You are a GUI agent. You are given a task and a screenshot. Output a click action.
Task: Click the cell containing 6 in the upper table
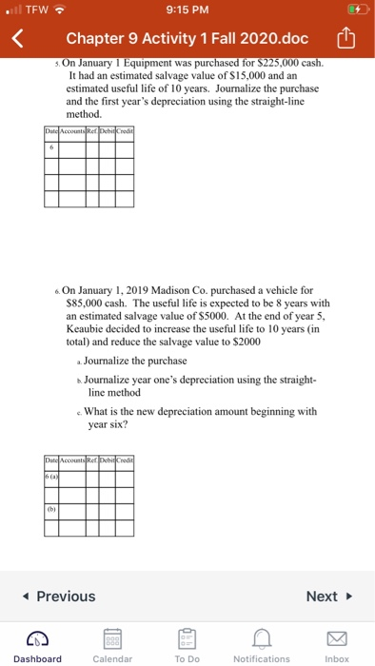click(51, 147)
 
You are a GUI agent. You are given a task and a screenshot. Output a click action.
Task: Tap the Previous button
click(59, 597)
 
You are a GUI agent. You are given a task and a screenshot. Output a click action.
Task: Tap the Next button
click(328, 597)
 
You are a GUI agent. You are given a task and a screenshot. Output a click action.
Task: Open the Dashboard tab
click(38, 644)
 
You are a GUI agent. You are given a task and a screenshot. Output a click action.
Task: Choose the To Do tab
click(187, 644)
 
